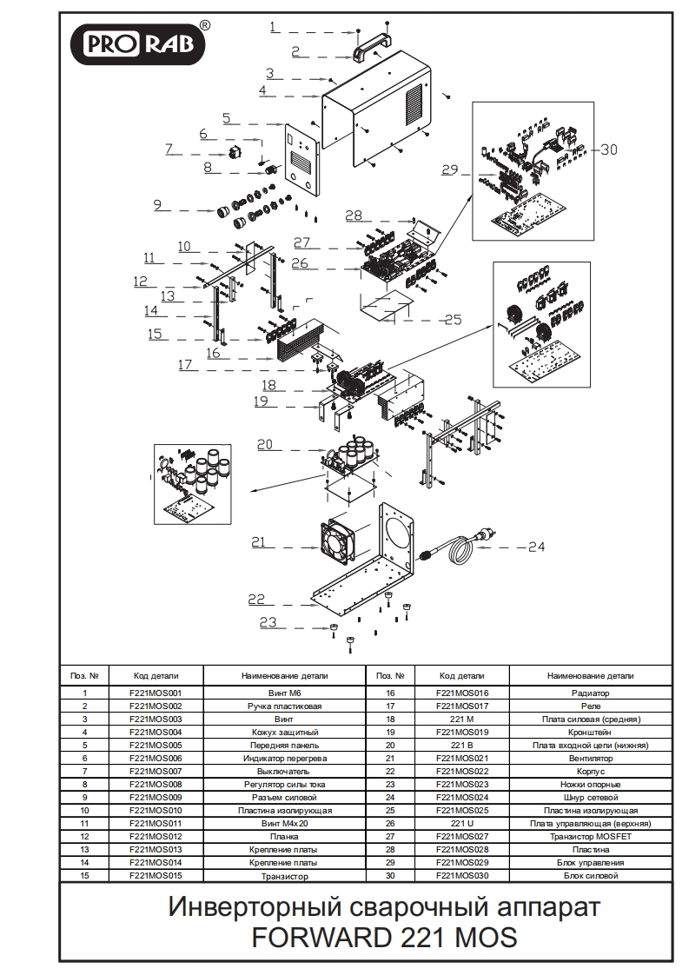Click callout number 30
pos(608,149)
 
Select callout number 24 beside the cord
pos(536,547)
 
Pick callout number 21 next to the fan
pos(258,542)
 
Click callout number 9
pos(157,205)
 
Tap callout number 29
pos(448,170)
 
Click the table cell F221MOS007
pos(156,772)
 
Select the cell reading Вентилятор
pos(590,759)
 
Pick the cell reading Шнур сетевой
pos(590,798)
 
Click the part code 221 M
pos(461,720)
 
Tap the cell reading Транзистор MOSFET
pos(590,837)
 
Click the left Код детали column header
pos(156,675)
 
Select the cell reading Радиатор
pos(590,693)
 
